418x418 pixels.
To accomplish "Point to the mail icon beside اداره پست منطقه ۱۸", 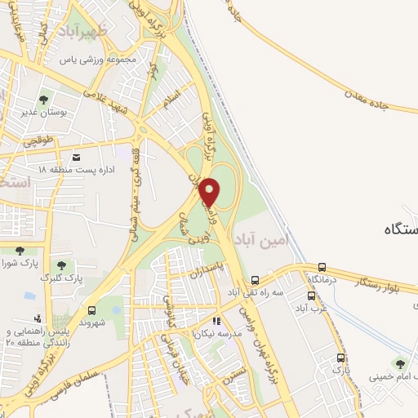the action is click(x=77, y=157).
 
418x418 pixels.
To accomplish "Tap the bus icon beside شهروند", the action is click(x=91, y=310).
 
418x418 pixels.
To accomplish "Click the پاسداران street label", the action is click(x=209, y=267).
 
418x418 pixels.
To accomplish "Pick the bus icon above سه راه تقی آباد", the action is click(x=256, y=279).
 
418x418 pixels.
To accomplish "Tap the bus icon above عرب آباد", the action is click(x=311, y=296).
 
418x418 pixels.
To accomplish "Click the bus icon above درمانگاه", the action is click(x=322, y=267).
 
